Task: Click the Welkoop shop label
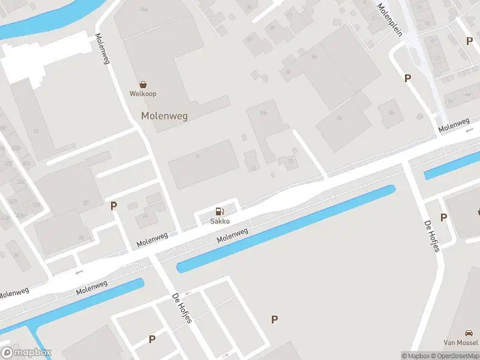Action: pos(143,94)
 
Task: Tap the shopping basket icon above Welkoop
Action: pos(143,85)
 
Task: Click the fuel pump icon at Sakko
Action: pos(220,211)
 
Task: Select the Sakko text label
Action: pos(220,221)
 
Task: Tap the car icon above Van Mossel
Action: pos(469,333)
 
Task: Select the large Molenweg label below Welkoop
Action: pos(164,116)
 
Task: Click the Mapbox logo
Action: pos(27,353)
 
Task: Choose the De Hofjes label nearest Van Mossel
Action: pos(431,236)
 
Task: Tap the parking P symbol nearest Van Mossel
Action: pos(444,218)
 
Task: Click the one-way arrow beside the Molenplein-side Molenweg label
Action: pos(470,130)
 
